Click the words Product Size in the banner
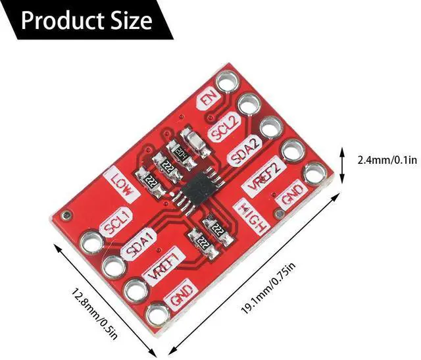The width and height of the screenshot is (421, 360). point(86,20)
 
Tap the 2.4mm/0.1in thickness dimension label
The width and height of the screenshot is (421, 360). point(387,161)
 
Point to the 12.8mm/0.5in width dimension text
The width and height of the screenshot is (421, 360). point(95,315)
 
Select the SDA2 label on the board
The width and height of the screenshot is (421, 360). point(244,151)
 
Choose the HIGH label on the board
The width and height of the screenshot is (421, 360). point(252,218)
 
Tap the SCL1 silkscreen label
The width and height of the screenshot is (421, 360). point(116,222)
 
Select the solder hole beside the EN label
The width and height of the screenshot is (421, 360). point(228,82)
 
